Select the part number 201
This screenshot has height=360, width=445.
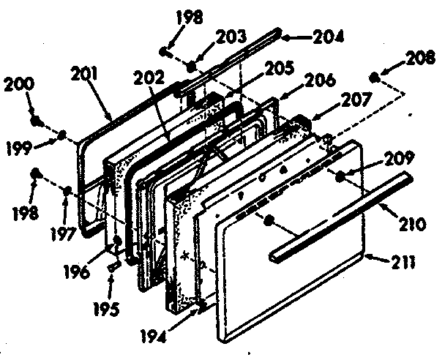(87, 74)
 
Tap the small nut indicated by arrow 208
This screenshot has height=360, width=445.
(374, 75)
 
